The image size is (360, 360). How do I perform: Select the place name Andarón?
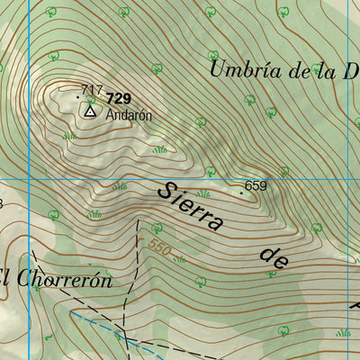click(129, 115)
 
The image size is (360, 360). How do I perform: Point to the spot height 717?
click(91, 89)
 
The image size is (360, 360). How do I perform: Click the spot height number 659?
click(256, 186)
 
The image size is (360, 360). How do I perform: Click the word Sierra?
click(190, 207)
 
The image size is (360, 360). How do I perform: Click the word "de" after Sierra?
click(274, 258)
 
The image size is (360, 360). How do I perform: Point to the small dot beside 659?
click(241, 192)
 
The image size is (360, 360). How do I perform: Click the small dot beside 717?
click(78, 89)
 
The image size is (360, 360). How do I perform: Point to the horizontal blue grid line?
click(297, 176)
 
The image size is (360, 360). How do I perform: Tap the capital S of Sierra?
click(166, 192)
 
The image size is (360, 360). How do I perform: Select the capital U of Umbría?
click(218, 67)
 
